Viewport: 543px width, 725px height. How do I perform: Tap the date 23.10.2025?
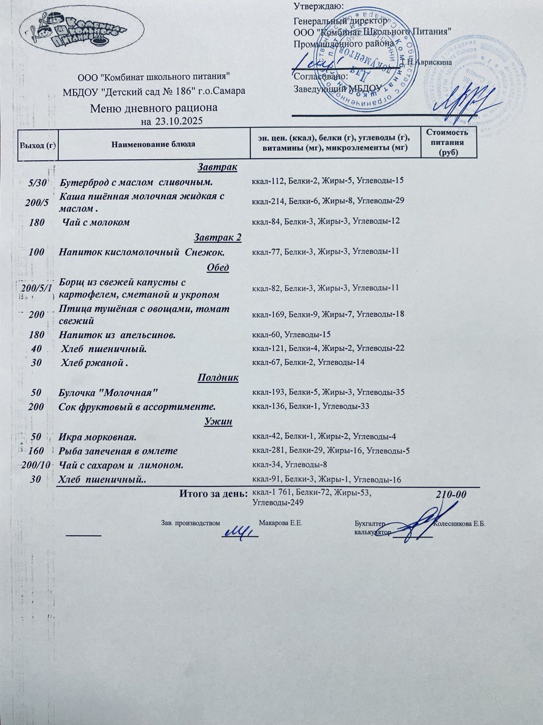coord(178,121)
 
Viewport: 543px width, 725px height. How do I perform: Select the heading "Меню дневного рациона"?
coord(153,108)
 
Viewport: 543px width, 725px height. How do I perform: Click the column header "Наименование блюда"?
coord(153,144)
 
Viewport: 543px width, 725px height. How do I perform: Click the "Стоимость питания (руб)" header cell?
coord(447,142)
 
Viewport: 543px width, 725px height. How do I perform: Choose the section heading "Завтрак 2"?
coord(217,237)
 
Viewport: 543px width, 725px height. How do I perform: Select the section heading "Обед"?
coord(217,267)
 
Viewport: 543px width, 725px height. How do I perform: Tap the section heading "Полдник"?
coord(218,377)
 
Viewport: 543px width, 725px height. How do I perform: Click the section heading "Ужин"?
coord(217,421)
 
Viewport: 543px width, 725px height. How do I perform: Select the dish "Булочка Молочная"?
coord(108,392)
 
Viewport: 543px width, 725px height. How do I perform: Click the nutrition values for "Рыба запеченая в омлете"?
coord(330,451)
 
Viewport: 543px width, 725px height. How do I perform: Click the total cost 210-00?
coord(451,494)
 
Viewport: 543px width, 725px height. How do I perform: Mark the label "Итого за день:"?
coord(213,493)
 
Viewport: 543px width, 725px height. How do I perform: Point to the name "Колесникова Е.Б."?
coord(459,524)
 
